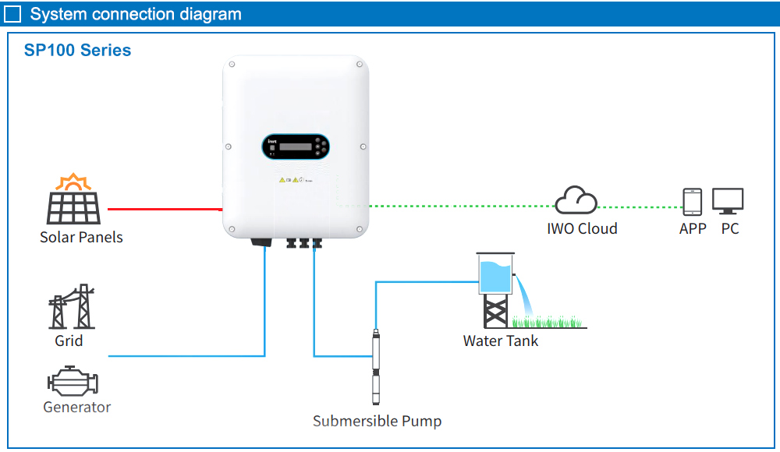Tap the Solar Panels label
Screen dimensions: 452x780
click(x=81, y=237)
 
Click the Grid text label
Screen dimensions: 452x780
click(x=69, y=341)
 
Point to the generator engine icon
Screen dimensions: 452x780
click(x=73, y=382)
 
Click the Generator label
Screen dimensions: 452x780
click(x=76, y=407)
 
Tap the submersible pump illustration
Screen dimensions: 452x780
click(x=376, y=366)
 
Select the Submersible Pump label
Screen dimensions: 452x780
click(x=377, y=421)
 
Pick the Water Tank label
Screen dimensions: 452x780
click(x=500, y=341)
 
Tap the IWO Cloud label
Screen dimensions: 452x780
click(x=582, y=228)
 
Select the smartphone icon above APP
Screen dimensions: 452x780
click(x=692, y=201)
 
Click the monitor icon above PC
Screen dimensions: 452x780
click(x=728, y=201)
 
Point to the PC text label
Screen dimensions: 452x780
click(x=729, y=228)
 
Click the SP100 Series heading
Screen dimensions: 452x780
click(x=77, y=51)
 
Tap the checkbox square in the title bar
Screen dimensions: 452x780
click(x=13, y=14)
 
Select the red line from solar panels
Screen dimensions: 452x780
click(x=164, y=209)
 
